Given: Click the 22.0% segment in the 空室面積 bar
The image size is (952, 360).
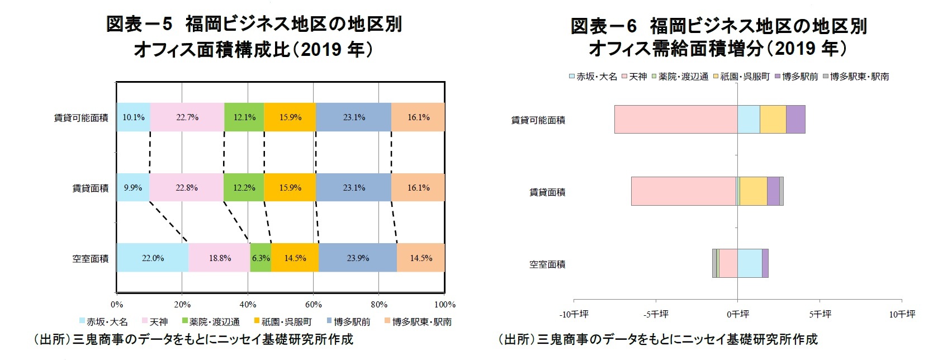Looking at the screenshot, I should pyautogui.click(x=153, y=258).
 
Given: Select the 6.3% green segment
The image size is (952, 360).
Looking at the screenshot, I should pyautogui.click(x=261, y=258).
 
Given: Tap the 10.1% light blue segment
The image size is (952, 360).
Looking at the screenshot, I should pyautogui.click(x=134, y=117).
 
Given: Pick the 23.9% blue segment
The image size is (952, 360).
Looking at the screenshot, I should pyautogui.click(x=358, y=258).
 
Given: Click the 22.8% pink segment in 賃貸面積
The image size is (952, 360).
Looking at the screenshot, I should pyautogui.click(x=186, y=188).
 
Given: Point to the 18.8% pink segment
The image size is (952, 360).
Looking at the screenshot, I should pyautogui.click(x=220, y=258).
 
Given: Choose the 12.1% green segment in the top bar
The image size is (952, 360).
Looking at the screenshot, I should pyautogui.click(x=244, y=117).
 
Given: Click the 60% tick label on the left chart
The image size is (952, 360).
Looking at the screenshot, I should pyautogui.click(x=314, y=305).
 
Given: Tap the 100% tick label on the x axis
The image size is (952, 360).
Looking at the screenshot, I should pyautogui.click(x=445, y=305).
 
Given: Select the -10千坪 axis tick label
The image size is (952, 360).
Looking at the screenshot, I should pyautogui.click(x=574, y=315).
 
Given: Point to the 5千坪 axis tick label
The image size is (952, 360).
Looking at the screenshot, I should pyautogui.click(x=820, y=315).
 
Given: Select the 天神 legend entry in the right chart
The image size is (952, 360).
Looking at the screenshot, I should pyautogui.click(x=637, y=77).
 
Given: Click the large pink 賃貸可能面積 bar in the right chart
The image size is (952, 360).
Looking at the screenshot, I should pyautogui.click(x=676, y=119).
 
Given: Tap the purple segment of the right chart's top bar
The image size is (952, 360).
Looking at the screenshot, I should pyautogui.click(x=795, y=119).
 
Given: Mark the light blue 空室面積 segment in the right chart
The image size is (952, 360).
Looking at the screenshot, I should pyautogui.click(x=750, y=263).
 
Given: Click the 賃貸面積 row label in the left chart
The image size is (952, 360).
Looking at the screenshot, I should pyautogui.click(x=91, y=188).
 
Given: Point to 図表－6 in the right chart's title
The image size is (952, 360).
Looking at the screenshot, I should pyautogui.click(x=604, y=26).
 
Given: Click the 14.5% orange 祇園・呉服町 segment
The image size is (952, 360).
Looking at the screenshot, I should pyautogui.click(x=295, y=258).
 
